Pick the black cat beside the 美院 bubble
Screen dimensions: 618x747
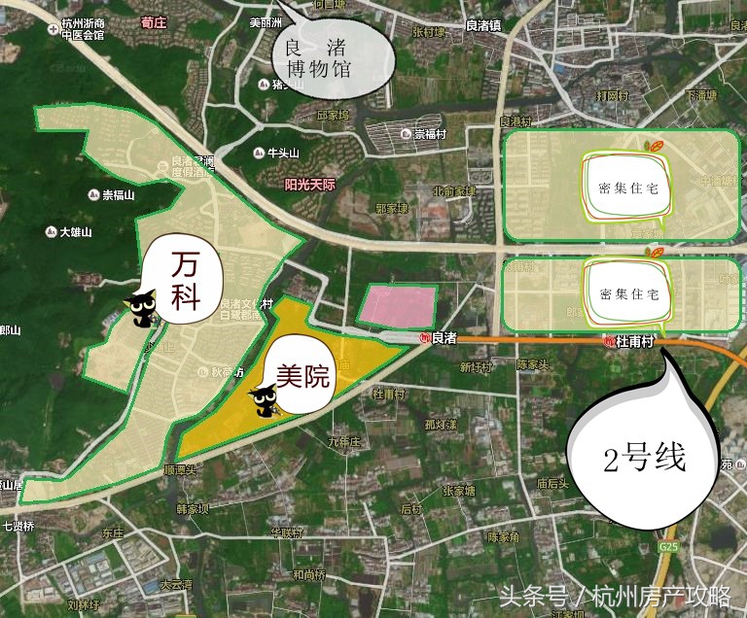[263, 398]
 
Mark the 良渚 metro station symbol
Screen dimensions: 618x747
[424, 338]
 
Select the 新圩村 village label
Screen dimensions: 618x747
[477, 366]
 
